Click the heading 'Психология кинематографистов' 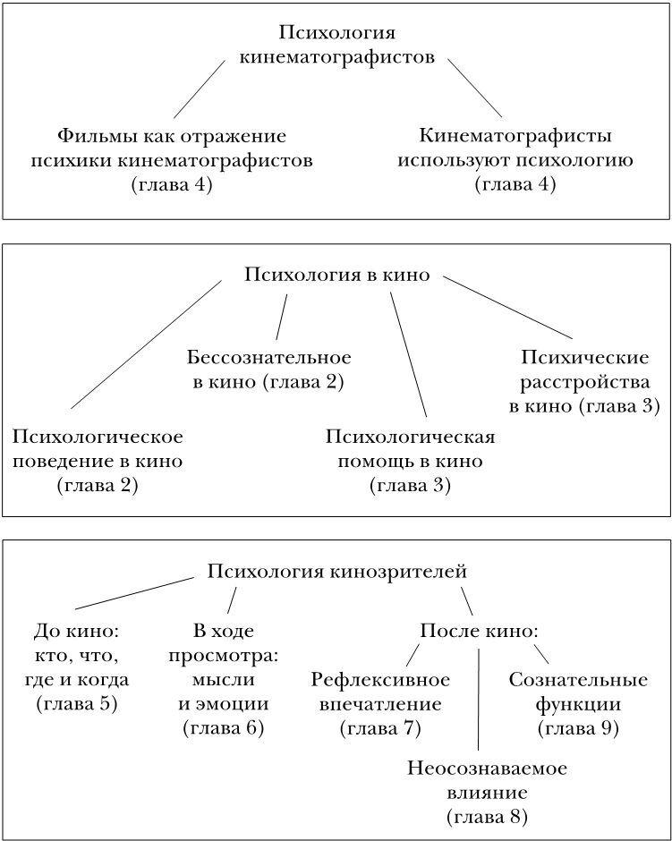(x=337, y=46)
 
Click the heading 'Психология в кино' (x=336, y=276)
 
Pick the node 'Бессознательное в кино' (x=269, y=370)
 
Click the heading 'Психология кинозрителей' (x=337, y=571)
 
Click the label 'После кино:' (x=480, y=632)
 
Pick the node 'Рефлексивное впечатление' (x=380, y=692)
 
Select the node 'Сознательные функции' (x=578, y=692)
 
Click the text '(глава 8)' (x=487, y=817)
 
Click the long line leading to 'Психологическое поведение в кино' (x=146, y=344)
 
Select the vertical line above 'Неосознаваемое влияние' (x=479, y=698)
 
